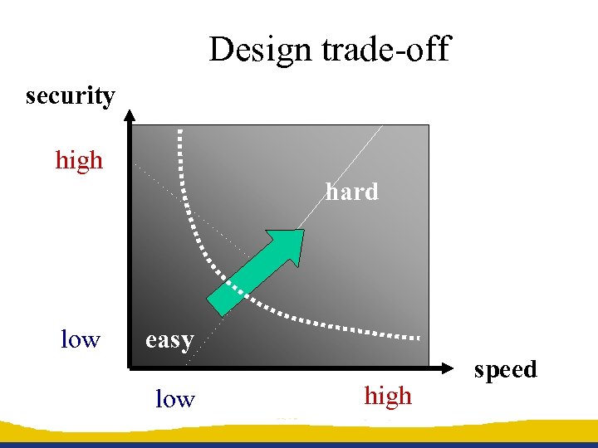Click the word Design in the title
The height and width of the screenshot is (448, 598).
(258, 51)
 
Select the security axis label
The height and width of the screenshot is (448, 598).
(71, 96)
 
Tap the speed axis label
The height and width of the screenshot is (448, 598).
(505, 369)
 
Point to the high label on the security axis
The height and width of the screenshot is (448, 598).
(79, 159)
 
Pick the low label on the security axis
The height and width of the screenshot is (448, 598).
(81, 339)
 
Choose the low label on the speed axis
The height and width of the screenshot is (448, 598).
(174, 399)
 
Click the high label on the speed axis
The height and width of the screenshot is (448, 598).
(388, 397)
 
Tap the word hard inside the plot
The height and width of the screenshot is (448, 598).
(351, 192)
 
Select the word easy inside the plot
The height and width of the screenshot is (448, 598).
(169, 339)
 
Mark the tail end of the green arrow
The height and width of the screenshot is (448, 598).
(218, 304)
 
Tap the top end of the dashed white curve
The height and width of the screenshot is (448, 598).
(180, 133)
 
